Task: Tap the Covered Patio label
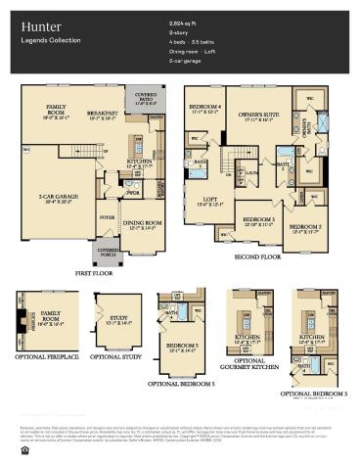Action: (145, 98)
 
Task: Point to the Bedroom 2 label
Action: (305, 229)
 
